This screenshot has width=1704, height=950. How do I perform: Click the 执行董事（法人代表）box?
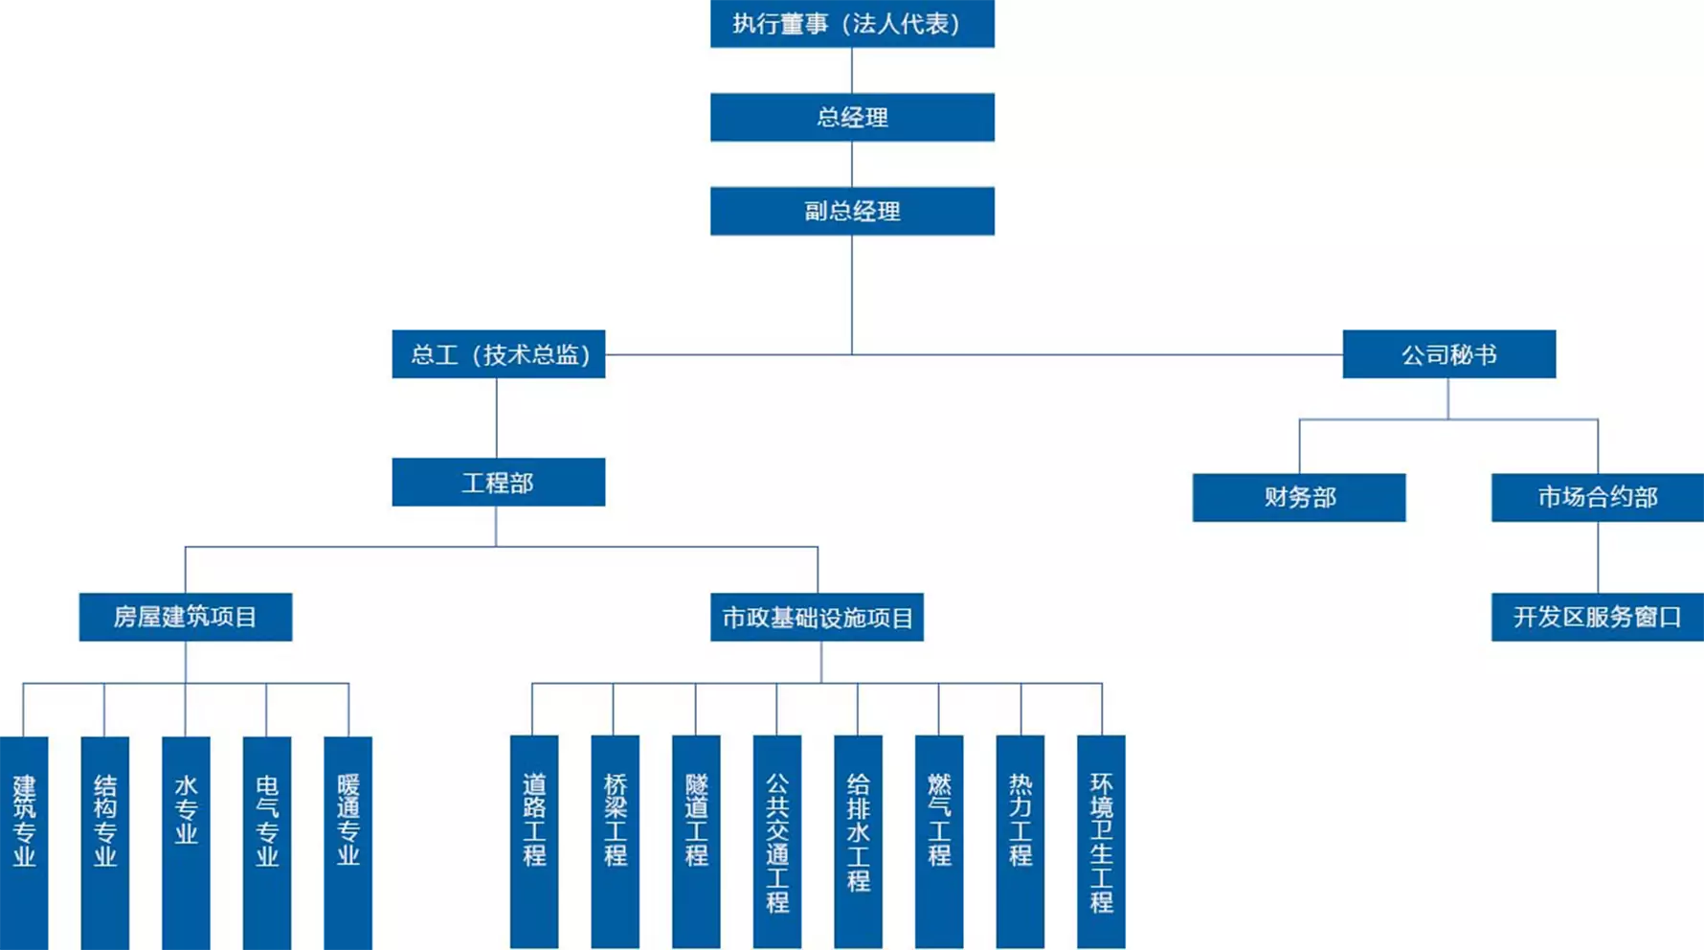(852, 23)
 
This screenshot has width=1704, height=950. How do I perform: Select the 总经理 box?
(852, 117)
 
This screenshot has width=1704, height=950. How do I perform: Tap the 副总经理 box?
(852, 211)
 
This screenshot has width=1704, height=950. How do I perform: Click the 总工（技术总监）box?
(498, 354)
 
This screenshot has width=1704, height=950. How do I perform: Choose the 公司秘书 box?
(1448, 354)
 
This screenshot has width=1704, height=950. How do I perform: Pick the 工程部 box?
(498, 482)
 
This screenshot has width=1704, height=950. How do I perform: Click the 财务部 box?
(1298, 497)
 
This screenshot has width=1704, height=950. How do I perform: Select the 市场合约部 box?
(1597, 497)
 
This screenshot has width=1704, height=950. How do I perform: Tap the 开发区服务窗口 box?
(1597, 617)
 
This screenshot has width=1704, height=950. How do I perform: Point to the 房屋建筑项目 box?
(185, 617)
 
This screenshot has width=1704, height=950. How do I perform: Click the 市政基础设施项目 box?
(817, 617)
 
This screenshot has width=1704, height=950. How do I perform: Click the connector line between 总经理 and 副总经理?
(852, 164)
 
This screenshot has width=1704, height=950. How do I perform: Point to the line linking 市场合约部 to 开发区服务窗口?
(1598, 557)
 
